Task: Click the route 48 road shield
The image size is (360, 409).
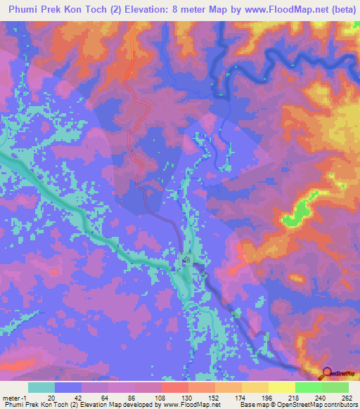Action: point(186,260)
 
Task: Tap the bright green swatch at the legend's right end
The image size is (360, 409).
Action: point(335,387)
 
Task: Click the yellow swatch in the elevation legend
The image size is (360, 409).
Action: point(281,387)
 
